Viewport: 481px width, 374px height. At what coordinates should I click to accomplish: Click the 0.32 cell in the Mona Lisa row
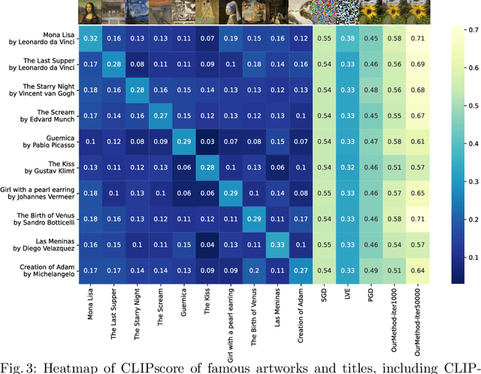[x=90, y=38]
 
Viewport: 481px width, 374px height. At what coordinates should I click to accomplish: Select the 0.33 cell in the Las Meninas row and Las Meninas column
[x=277, y=245]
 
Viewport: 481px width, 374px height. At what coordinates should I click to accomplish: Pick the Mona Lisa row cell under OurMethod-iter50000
[x=418, y=38]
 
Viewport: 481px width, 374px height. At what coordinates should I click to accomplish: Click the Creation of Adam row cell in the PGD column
[x=371, y=271]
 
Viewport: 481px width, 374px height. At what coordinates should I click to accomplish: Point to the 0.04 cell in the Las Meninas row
[x=207, y=245]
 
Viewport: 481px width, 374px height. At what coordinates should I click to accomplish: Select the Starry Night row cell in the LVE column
[x=347, y=90]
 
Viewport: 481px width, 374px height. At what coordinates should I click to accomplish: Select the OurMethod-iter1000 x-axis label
[x=395, y=310]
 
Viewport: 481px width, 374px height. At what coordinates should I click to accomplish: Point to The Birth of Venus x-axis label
[x=254, y=312]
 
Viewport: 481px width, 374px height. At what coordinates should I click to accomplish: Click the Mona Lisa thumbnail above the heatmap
[x=90, y=11]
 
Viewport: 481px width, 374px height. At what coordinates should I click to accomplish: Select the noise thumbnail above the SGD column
[x=324, y=11]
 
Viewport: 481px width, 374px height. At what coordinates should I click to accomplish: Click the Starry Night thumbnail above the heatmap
[x=137, y=11]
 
